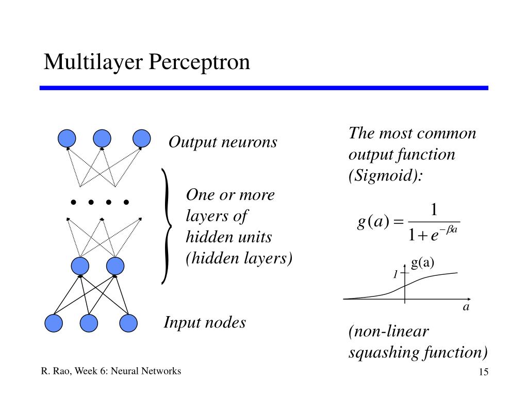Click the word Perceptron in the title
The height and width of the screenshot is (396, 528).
(x=200, y=62)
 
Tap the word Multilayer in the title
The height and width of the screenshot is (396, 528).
(x=93, y=62)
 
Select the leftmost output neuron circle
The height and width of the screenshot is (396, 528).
(x=67, y=138)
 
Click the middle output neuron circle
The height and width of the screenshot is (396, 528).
(x=102, y=138)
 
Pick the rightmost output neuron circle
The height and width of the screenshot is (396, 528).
(x=141, y=138)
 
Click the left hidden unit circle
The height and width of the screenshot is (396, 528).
(x=80, y=266)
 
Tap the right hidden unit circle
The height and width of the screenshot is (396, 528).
(x=115, y=266)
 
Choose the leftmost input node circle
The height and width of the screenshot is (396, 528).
(x=54, y=323)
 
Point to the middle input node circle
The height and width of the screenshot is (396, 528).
(x=89, y=323)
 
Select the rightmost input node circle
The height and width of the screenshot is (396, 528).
(x=128, y=323)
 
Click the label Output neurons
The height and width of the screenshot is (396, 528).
(x=223, y=142)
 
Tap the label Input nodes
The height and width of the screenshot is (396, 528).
(x=205, y=322)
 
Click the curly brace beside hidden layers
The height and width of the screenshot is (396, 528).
(x=167, y=226)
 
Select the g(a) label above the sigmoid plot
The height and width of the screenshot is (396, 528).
(x=422, y=262)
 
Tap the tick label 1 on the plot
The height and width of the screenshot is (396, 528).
(x=395, y=274)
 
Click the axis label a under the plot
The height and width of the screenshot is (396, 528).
(x=466, y=307)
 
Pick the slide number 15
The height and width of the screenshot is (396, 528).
(x=484, y=372)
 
